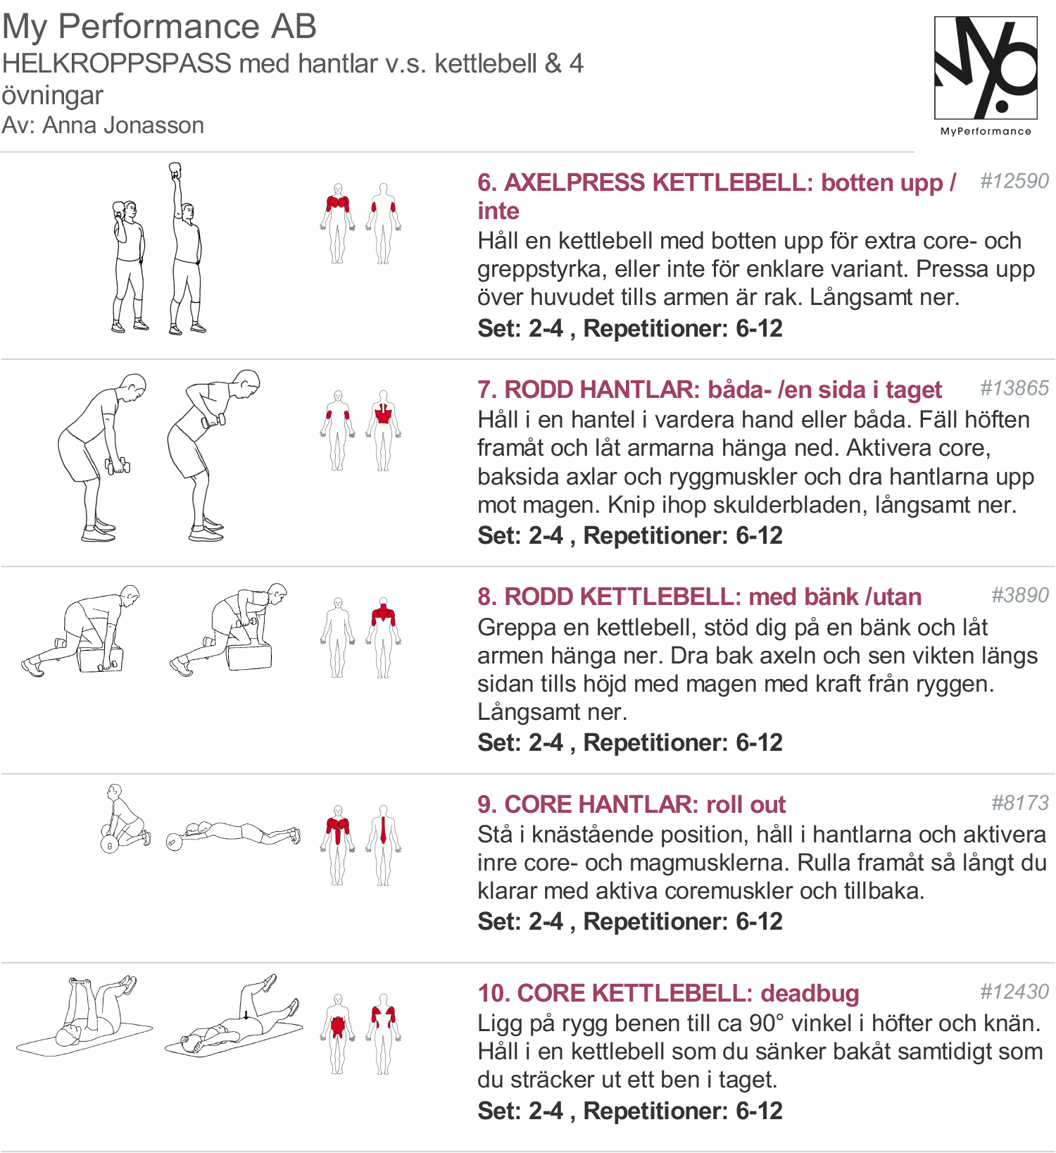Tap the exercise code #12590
(1014, 181)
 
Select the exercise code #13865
(1014, 388)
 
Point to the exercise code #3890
(1020, 595)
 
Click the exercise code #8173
(1020, 802)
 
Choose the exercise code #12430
(1014, 992)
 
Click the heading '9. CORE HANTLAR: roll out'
(631, 804)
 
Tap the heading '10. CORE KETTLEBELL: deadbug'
(668, 993)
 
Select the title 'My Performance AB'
(159, 27)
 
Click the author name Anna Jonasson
(123, 125)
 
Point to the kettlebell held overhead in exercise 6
(175, 171)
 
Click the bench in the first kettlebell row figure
(100, 659)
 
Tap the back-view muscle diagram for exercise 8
(384, 637)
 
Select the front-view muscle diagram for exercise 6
(338, 223)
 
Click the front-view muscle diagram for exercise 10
(338, 1033)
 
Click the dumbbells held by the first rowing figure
(118, 466)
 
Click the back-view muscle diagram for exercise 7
(384, 430)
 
